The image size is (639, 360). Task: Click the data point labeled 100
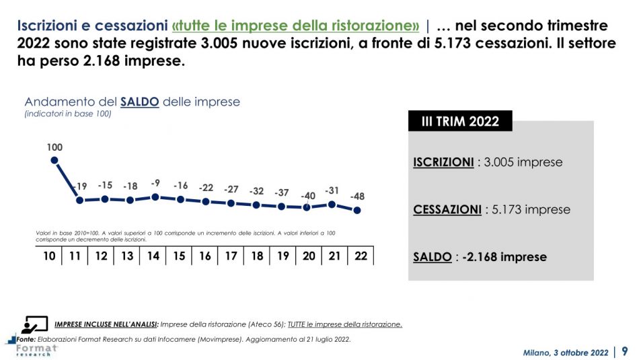[54, 160]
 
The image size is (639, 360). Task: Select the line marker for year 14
[155, 197]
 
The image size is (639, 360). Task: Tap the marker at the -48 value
[357, 210]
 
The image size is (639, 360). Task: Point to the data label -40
[307, 196]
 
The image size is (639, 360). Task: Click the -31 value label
[332, 190]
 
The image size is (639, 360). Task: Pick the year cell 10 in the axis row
[49, 256]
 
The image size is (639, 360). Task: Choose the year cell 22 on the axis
[361, 256]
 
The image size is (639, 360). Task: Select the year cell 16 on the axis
[205, 256]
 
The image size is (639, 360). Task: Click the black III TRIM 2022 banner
[460, 121]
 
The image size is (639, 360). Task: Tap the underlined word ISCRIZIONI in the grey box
[443, 162]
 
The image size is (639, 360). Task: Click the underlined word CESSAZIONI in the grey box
[447, 210]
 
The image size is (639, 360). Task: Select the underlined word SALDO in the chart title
[139, 102]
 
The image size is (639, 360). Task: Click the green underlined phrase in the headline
[296, 26]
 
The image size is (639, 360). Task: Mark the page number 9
[625, 351]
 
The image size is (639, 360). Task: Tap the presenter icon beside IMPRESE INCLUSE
[34, 324]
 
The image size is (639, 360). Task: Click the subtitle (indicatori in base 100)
[68, 114]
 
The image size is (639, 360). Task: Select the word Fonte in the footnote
[26, 339]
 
